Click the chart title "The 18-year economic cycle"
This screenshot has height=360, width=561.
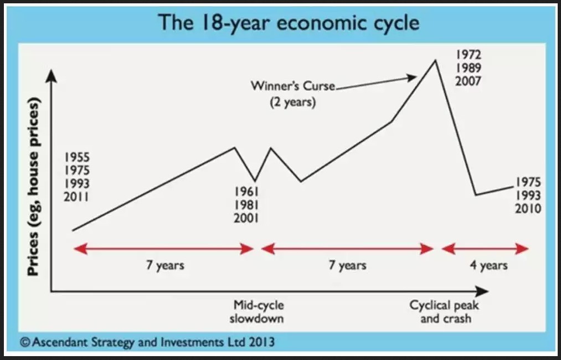(289, 23)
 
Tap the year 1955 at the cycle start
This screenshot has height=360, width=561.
(77, 157)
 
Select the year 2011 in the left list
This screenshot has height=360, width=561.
(76, 197)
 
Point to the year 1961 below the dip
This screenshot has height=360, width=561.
(246, 192)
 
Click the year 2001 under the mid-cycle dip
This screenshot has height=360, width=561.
(246, 218)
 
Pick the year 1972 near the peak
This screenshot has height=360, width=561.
(469, 54)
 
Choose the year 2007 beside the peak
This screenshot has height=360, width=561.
(469, 81)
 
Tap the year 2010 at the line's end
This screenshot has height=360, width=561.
(528, 208)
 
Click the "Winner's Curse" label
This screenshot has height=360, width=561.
(293, 86)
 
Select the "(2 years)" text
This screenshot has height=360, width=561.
(293, 102)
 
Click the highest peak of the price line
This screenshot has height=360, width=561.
(435, 60)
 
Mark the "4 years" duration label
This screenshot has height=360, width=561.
(488, 265)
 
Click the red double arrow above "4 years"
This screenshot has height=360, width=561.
(485, 248)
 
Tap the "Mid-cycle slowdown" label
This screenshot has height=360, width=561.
(257, 312)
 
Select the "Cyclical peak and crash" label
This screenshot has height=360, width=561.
(444, 312)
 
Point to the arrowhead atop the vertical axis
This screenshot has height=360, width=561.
(52, 76)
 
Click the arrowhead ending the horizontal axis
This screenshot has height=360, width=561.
(482, 291)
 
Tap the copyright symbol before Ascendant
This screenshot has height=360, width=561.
(25, 342)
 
